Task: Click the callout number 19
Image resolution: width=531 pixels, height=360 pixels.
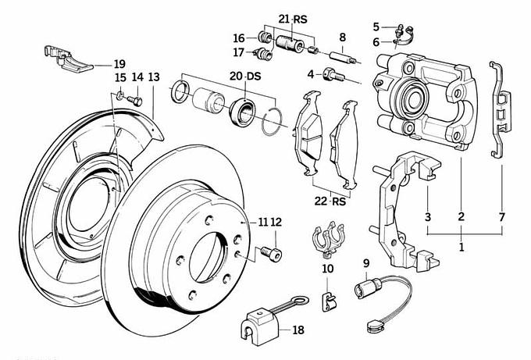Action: (119, 63)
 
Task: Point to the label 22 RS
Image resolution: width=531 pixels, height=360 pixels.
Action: (329, 201)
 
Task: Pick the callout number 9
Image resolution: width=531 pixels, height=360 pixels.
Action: (365, 262)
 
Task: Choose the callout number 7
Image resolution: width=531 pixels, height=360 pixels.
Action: (501, 216)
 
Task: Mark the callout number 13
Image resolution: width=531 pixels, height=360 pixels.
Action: (153, 77)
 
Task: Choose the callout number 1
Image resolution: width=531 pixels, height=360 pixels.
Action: (462, 247)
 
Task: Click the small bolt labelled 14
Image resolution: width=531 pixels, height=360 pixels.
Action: (137, 100)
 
